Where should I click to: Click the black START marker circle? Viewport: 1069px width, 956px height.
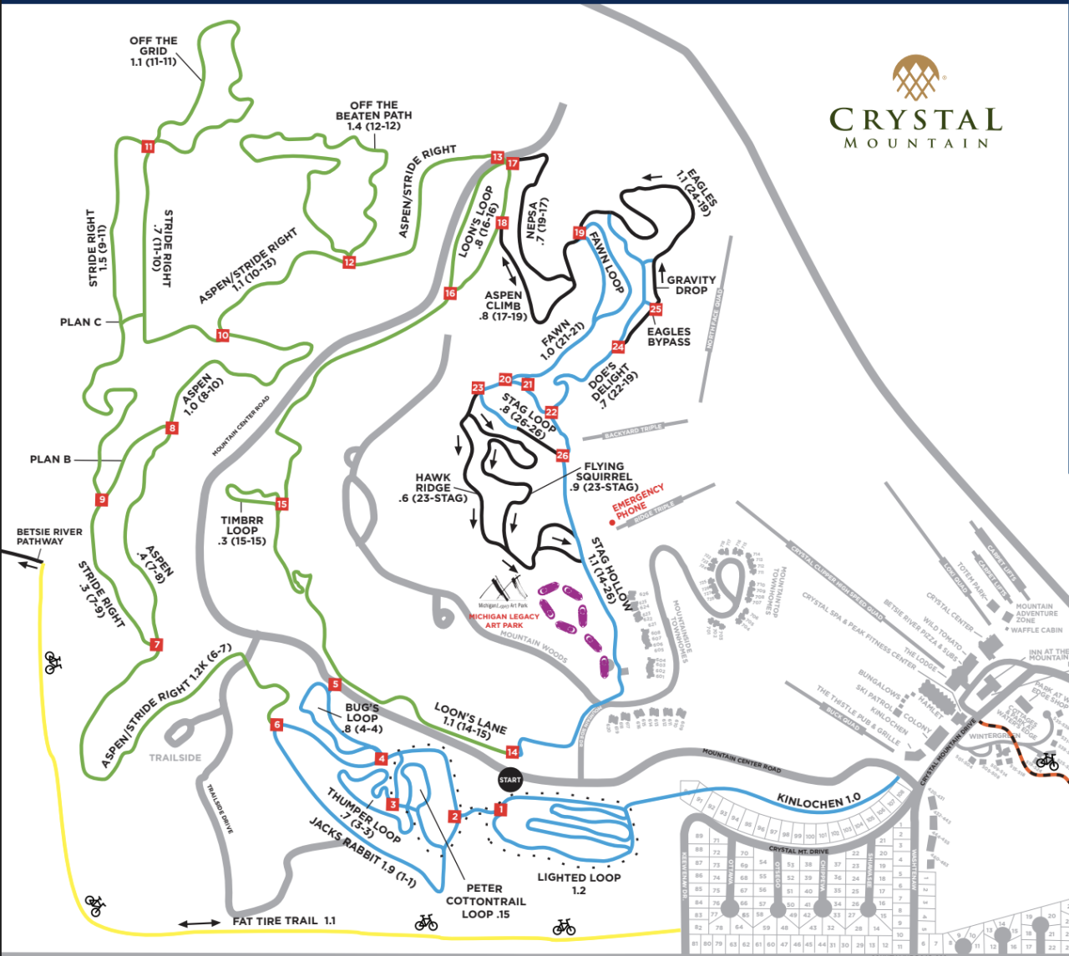pyautogui.click(x=509, y=780)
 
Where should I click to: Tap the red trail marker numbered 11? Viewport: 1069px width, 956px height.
pyautogui.click(x=149, y=147)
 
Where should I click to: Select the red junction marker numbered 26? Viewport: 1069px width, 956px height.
pyautogui.click(x=562, y=456)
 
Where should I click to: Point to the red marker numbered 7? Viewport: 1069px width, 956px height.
pyautogui.click(x=156, y=645)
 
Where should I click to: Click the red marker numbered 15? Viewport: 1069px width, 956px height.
pyautogui.click(x=281, y=504)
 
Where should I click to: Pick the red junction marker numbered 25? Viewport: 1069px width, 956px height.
pyautogui.click(x=656, y=310)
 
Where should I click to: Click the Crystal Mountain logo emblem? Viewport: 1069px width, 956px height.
pyautogui.click(x=915, y=78)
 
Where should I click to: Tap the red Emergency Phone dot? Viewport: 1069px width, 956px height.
pyautogui.click(x=612, y=523)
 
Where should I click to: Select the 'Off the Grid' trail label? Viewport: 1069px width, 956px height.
pyautogui.click(x=153, y=51)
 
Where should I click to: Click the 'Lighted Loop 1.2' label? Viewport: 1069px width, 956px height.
pyautogui.click(x=579, y=883)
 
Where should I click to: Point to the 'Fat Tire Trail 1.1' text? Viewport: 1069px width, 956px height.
pyautogui.click(x=284, y=921)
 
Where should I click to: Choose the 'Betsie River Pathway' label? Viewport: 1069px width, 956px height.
pyautogui.click(x=49, y=536)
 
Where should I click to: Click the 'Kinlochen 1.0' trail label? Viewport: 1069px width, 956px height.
pyautogui.click(x=818, y=800)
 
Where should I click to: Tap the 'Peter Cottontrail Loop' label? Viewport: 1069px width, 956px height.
pyautogui.click(x=485, y=901)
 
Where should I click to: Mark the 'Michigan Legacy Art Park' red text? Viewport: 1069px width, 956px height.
pyautogui.click(x=504, y=620)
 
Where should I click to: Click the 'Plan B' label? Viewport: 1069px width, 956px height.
pyautogui.click(x=50, y=459)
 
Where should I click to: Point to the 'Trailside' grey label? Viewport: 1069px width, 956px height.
pyautogui.click(x=175, y=758)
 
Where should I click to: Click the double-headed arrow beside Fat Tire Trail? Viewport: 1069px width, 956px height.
pyautogui.click(x=200, y=923)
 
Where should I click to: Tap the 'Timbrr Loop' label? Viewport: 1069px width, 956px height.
pyautogui.click(x=241, y=530)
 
